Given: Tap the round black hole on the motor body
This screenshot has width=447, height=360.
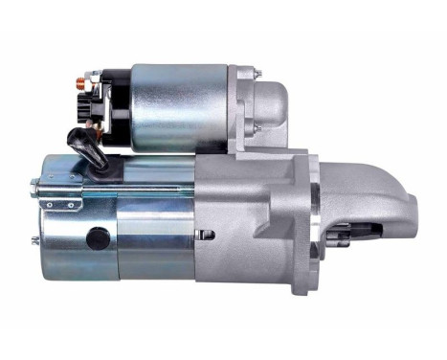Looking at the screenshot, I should coord(97,236).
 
